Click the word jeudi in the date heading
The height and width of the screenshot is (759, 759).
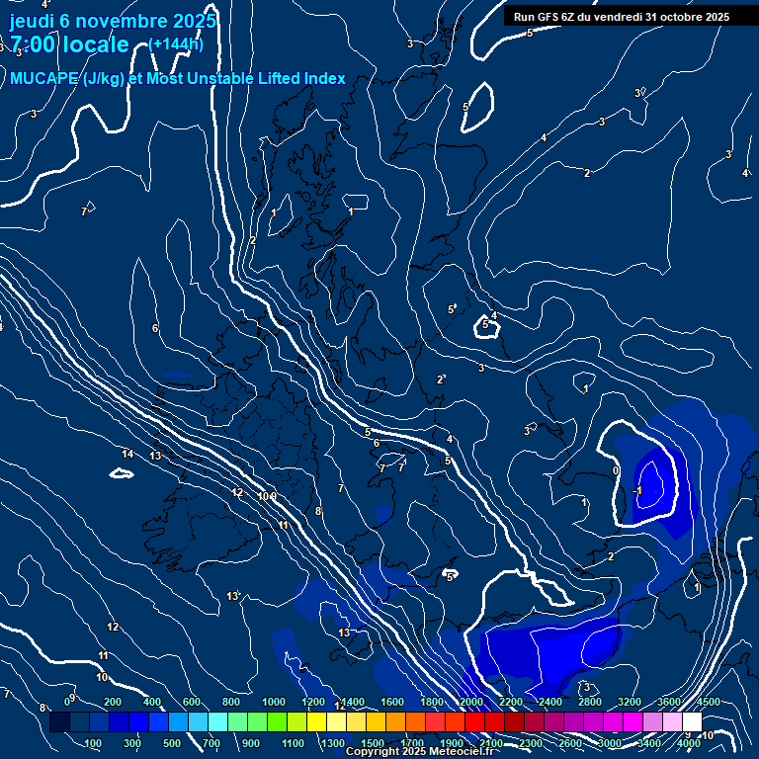pyautogui.click(x=32, y=21)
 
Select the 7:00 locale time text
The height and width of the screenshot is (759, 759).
pyautogui.click(x=69, y=44)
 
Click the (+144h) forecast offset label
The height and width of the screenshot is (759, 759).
pyautogui.click(x=176, y=43)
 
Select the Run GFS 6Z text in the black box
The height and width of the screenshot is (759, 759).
pyautogui.click(x=553, y=16)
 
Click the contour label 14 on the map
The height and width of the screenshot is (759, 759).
pyautogui.click(x=127, y=454)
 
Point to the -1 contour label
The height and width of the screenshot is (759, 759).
pyautogui.click(x=638, y=489)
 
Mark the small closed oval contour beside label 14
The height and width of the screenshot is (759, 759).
pyautogui.click(x=122, y=473)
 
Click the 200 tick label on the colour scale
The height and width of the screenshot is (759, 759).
pyautogui.click(x=113, y=702)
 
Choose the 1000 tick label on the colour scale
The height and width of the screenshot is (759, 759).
pyautogui.click(x=274, y=702)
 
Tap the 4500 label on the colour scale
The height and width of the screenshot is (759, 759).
pyautogui.click(x=708, y=702)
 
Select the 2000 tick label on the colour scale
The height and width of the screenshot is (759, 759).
pyautogui.click(x=472, y=702)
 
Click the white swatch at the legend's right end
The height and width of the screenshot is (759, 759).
pyautogui.click(x=692, y=722)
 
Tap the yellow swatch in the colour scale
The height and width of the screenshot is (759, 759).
pyautogui.click(x=316, y=722)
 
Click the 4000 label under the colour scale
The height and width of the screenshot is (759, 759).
pyautogui.click(x=689, y=743)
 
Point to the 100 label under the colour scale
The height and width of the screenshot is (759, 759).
pyautogui.click(x=94, y=743)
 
